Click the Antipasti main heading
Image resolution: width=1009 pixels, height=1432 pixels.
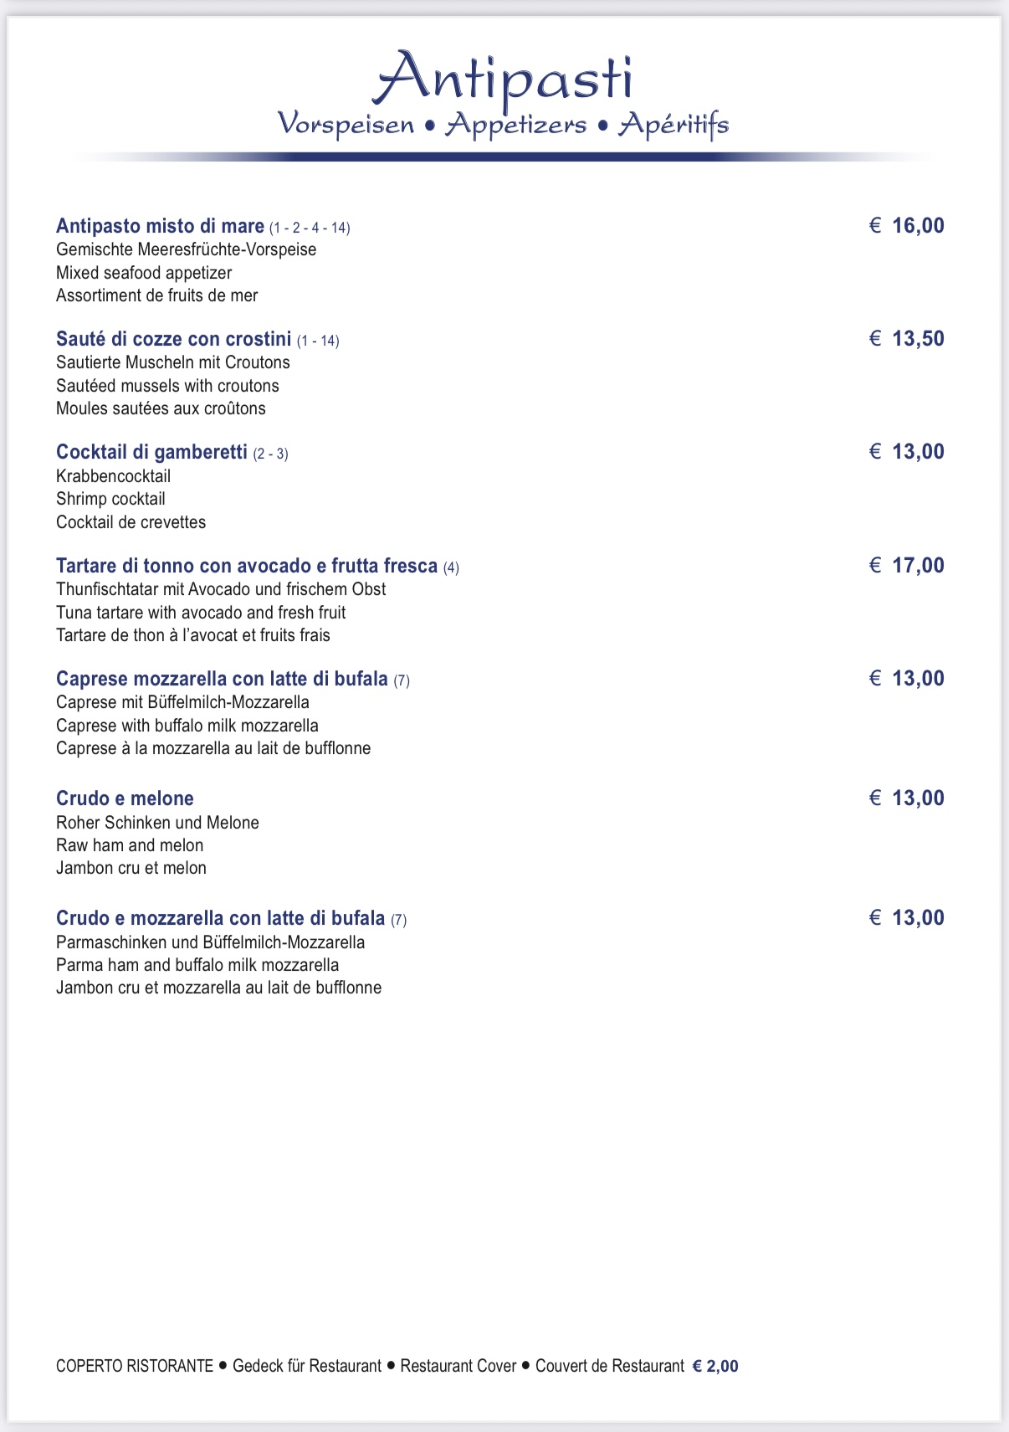click(504, 79)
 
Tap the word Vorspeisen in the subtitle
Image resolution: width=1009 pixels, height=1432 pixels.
click(346, 125)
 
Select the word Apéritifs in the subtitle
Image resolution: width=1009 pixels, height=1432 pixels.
click(674, 126)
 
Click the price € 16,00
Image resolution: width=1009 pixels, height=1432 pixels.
click(907, 226)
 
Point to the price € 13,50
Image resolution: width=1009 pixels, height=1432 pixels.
click(907, 339)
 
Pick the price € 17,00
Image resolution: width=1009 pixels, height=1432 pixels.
click(907, 566)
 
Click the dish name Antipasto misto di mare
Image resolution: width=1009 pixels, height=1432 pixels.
click(160, 226)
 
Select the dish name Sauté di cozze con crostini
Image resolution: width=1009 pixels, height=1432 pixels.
click(173, 339)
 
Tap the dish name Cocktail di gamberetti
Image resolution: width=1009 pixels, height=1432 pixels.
click(151, 452)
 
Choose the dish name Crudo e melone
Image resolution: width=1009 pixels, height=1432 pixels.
click(125, 798)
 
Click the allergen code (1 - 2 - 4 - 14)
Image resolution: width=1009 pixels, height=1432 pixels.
click(310, 228)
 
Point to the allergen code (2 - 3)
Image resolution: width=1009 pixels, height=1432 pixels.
click(270, 454)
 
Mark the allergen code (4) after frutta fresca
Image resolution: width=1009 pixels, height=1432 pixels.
click(451, 567)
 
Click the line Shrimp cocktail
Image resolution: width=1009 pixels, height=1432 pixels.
click(110, 499)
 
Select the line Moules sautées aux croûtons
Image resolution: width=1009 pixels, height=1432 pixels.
click(161, 408)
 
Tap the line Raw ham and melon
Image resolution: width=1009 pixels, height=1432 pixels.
click(130, 845)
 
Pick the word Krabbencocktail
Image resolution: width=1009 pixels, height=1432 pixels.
click(113, 476)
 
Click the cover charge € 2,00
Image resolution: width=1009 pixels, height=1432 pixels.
click(715, 1366)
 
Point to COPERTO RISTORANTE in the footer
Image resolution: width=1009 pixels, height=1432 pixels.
click(135, 1366)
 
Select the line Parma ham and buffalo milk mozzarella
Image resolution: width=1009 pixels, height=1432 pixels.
click(197, 965)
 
